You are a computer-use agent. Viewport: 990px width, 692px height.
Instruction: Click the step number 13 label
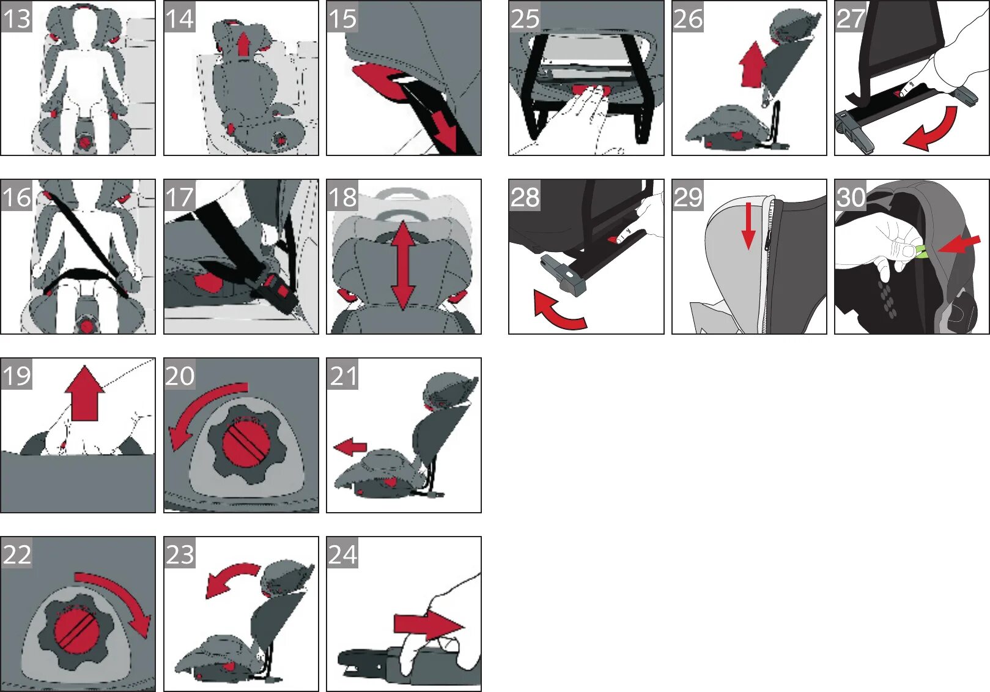(x=17, y=18)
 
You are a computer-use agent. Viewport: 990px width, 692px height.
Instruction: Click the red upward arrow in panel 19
(x=84, y=393)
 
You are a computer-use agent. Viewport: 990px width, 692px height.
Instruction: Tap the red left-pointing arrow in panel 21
(x=350, y=447)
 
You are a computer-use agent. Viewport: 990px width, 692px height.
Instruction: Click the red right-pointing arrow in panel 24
(x=428, y=626)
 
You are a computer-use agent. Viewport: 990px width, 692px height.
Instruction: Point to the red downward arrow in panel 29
(x=748, y=226)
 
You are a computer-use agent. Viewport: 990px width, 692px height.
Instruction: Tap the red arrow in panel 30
(x=959, y=244)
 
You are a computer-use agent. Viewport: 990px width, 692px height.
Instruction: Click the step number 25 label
(x=525, y=18)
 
